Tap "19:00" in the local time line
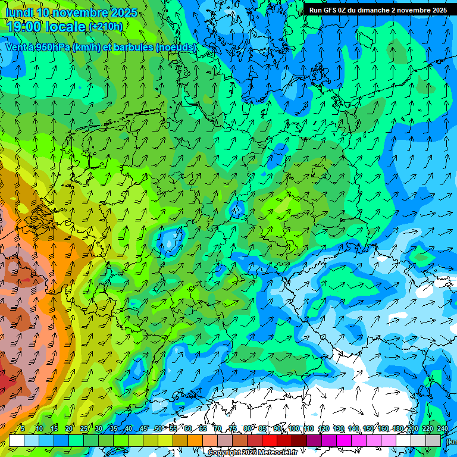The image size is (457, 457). point(24,27)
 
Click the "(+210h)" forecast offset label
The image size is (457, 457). point(105,27)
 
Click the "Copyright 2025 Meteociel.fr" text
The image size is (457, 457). point(252,453)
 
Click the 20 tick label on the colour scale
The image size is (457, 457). point(68,429)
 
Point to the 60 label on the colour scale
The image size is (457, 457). point(187,429)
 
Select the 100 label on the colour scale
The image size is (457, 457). point(293,429)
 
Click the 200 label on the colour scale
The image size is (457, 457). point(412,429)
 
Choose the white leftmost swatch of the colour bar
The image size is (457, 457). point(17,440)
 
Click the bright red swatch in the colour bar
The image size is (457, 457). point(270,440)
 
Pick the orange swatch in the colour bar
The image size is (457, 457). point(195,440)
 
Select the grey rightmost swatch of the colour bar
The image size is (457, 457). point(433,440)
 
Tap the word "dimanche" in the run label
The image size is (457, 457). point(374,10)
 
